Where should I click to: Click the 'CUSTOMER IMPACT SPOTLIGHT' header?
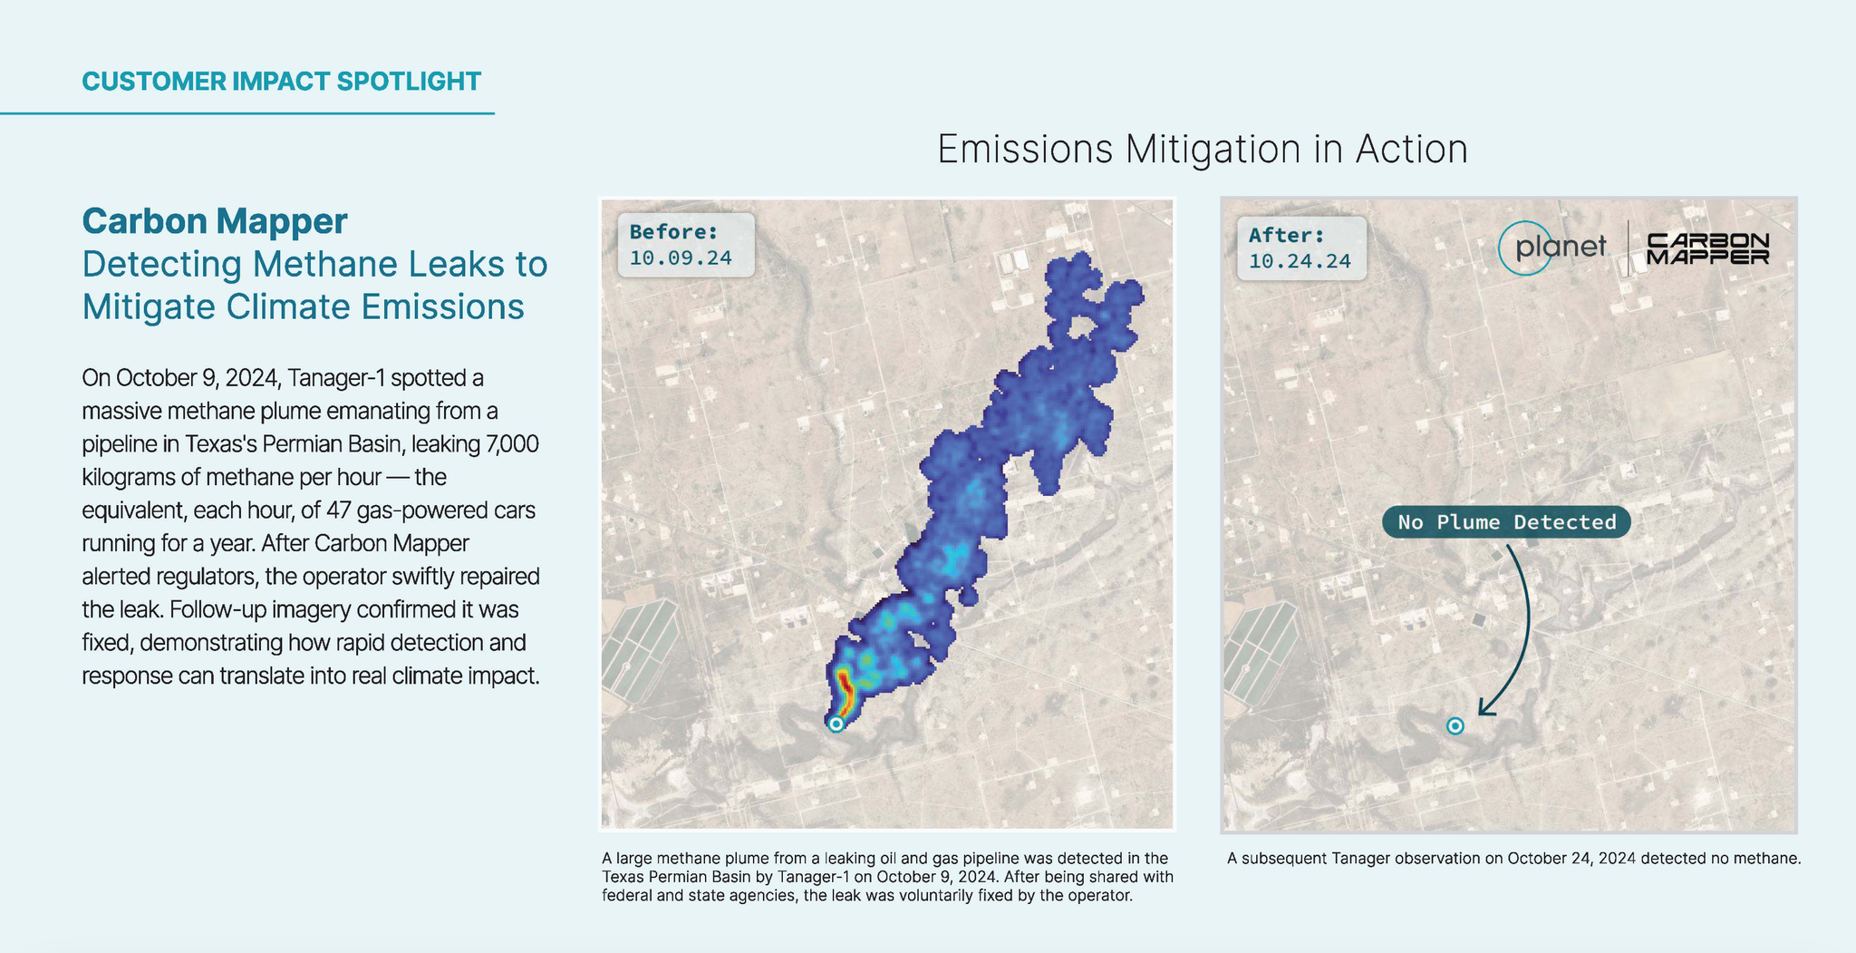pyautogui.click(x=281, y=82)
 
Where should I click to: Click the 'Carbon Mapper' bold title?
pyautogui.click(x=215, y=221)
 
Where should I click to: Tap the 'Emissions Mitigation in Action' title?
pyautogui.click(x=1202, y=150)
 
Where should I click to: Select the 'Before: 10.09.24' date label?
pyautogui.click(x=681, y=245)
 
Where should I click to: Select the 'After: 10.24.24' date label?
pyautogui.click(x=1300, y=248)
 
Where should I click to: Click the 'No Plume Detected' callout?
pyautogui.click(x=1506, y=522)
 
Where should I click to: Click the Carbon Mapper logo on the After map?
pyautogui.click(x=1707, y=248)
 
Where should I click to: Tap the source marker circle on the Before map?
pyautogui.click(x=836, y=724)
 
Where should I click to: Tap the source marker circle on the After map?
pyautogui.click(x=1455, y=725)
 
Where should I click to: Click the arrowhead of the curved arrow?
pyautogui.click(x=1484, y=708)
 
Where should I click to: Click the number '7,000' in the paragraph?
pyautogui.click(x=512, y=444)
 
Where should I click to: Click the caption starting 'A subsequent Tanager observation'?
pyautogui.click(x=1513, y=858)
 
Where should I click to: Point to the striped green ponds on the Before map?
pyautogui.click(x=640, y=649)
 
